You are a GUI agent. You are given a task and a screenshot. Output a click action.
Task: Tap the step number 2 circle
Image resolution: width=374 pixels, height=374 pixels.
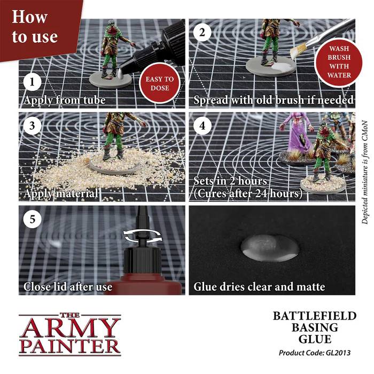pos(202,33)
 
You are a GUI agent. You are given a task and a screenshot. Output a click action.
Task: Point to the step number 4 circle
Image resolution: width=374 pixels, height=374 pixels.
pos(202,126)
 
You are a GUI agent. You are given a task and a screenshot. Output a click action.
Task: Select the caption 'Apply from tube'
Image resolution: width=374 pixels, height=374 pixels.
pos(64,100)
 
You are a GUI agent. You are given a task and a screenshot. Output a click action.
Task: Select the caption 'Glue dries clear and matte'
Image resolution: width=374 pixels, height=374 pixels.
pos(259,287)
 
